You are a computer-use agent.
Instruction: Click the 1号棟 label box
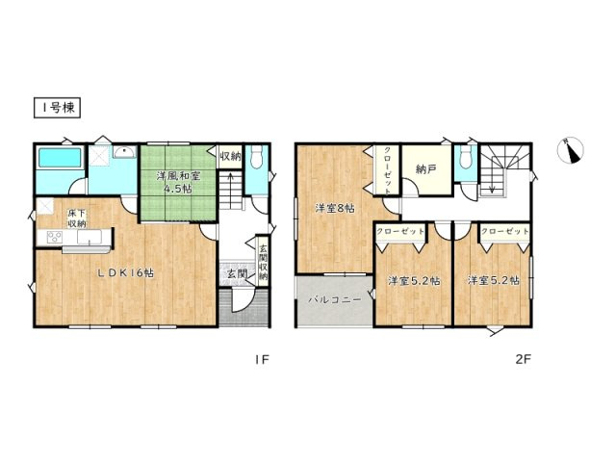(58, 108)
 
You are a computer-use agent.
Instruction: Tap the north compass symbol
(571, 150)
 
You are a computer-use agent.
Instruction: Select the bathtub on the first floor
(60, 158)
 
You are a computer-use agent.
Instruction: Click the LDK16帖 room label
(126, 273)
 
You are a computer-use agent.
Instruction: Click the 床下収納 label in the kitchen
(77, 218)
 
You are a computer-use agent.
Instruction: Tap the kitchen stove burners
(54, 237)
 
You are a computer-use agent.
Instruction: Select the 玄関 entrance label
(236, 273)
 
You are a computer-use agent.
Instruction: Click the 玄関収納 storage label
(263, 262)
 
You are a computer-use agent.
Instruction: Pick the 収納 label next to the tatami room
(230, 156)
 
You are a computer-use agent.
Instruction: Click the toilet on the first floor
(257, 156)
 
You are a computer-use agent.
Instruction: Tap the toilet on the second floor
(466, 156)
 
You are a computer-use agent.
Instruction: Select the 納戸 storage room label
(425, 169)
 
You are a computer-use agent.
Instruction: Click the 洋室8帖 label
(335, 208)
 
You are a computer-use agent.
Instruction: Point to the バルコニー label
(334, 299)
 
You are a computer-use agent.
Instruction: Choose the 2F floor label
(524, 359)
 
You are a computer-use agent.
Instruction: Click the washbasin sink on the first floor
(125, 152)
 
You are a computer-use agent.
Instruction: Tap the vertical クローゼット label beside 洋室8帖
(387, 169)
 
